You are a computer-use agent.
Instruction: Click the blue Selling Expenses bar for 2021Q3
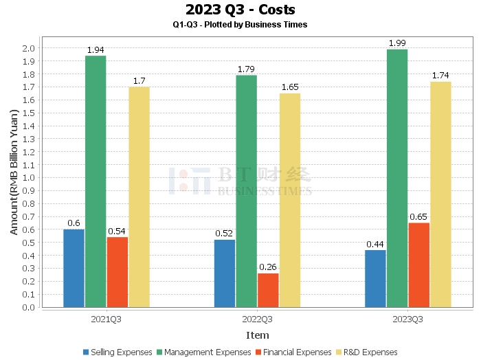(x=74, y=269)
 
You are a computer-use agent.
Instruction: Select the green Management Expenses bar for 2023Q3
(x=397, y=178)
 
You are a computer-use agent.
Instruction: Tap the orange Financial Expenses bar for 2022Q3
(x=268, y=291)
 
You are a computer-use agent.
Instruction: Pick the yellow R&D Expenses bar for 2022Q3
(x=290, y=200)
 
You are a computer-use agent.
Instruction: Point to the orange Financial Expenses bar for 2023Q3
(x=419, y=265)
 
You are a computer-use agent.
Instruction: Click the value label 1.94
(x=96, y=50)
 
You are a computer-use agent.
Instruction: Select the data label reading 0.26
(x=268, y=267)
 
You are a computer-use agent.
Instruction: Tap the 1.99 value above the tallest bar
(x=397, y=43)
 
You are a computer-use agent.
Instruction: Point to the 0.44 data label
(x=375, y=245)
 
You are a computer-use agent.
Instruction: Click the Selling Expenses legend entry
(x=118, y=352)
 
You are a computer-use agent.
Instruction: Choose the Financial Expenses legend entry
(x=293, y=352)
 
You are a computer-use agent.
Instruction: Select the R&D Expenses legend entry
(x=367, y=352)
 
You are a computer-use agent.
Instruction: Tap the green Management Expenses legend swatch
(x=159, y=352)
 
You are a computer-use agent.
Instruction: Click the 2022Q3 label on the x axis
(x=257, y=319)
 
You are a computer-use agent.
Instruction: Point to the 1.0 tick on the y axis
(x=29, y=178)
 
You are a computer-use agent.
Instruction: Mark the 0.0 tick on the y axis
(x=29, y=307)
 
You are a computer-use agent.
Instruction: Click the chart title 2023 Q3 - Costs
(x=240, y=10)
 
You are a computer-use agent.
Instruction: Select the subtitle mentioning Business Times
(x=240, y=25)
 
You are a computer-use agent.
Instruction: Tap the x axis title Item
(x=258, y=335)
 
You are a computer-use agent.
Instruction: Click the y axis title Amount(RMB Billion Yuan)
(x=14, y=172)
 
